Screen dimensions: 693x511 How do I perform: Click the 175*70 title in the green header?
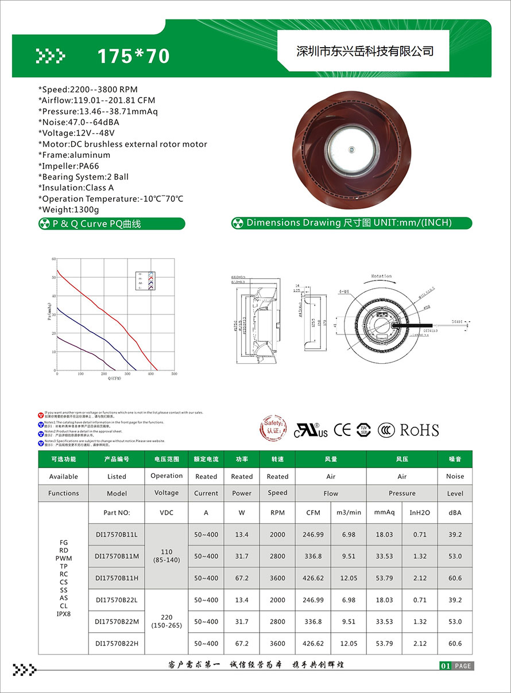[133, 56]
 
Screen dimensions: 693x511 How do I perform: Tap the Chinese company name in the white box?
[364, 51]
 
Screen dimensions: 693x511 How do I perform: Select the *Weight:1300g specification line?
[68, 210]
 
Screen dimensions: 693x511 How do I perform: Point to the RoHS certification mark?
[419, 430]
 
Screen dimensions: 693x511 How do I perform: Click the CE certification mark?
[342, 430]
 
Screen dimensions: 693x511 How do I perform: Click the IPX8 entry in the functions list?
[63, 614]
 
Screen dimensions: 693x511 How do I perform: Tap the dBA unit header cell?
[455, 512]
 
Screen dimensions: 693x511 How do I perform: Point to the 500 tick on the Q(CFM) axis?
[175, 373]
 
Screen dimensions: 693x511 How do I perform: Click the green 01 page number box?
[445, 666]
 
